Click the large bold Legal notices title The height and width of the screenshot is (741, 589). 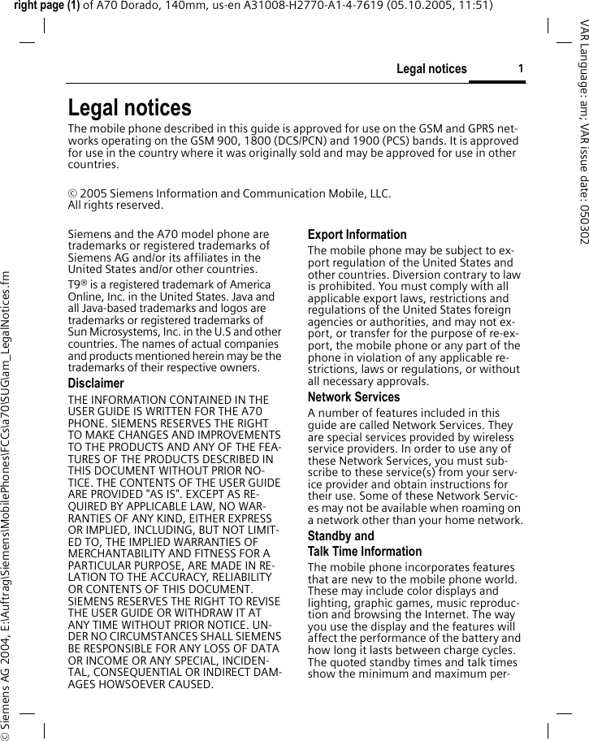pos(130,108)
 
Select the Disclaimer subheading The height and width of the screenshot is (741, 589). pos(96,383)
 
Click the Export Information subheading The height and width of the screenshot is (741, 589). pos(357,235)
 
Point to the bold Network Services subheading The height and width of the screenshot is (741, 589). pos(353,397)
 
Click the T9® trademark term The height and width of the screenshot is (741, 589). pos(78,285)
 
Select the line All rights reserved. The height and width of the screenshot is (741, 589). pos(104,206)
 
